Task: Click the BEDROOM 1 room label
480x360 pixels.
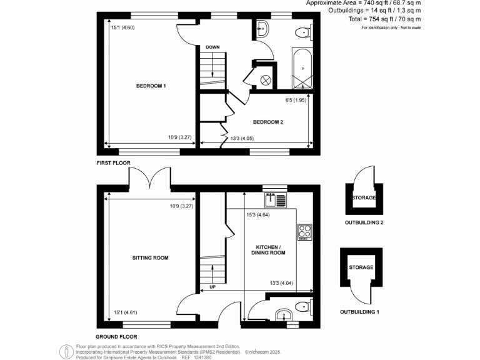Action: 151,86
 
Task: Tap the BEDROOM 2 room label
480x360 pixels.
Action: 268,122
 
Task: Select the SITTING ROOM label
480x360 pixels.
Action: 150,257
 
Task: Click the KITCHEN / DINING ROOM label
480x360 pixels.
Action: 268,249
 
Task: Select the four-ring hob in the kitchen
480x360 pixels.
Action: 304,232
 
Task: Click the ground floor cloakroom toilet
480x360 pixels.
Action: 302,306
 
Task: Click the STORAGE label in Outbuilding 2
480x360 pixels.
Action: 364,198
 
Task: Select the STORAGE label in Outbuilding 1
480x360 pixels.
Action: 361,267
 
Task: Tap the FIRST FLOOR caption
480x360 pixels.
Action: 113,163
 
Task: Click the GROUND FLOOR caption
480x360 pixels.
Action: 116,336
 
